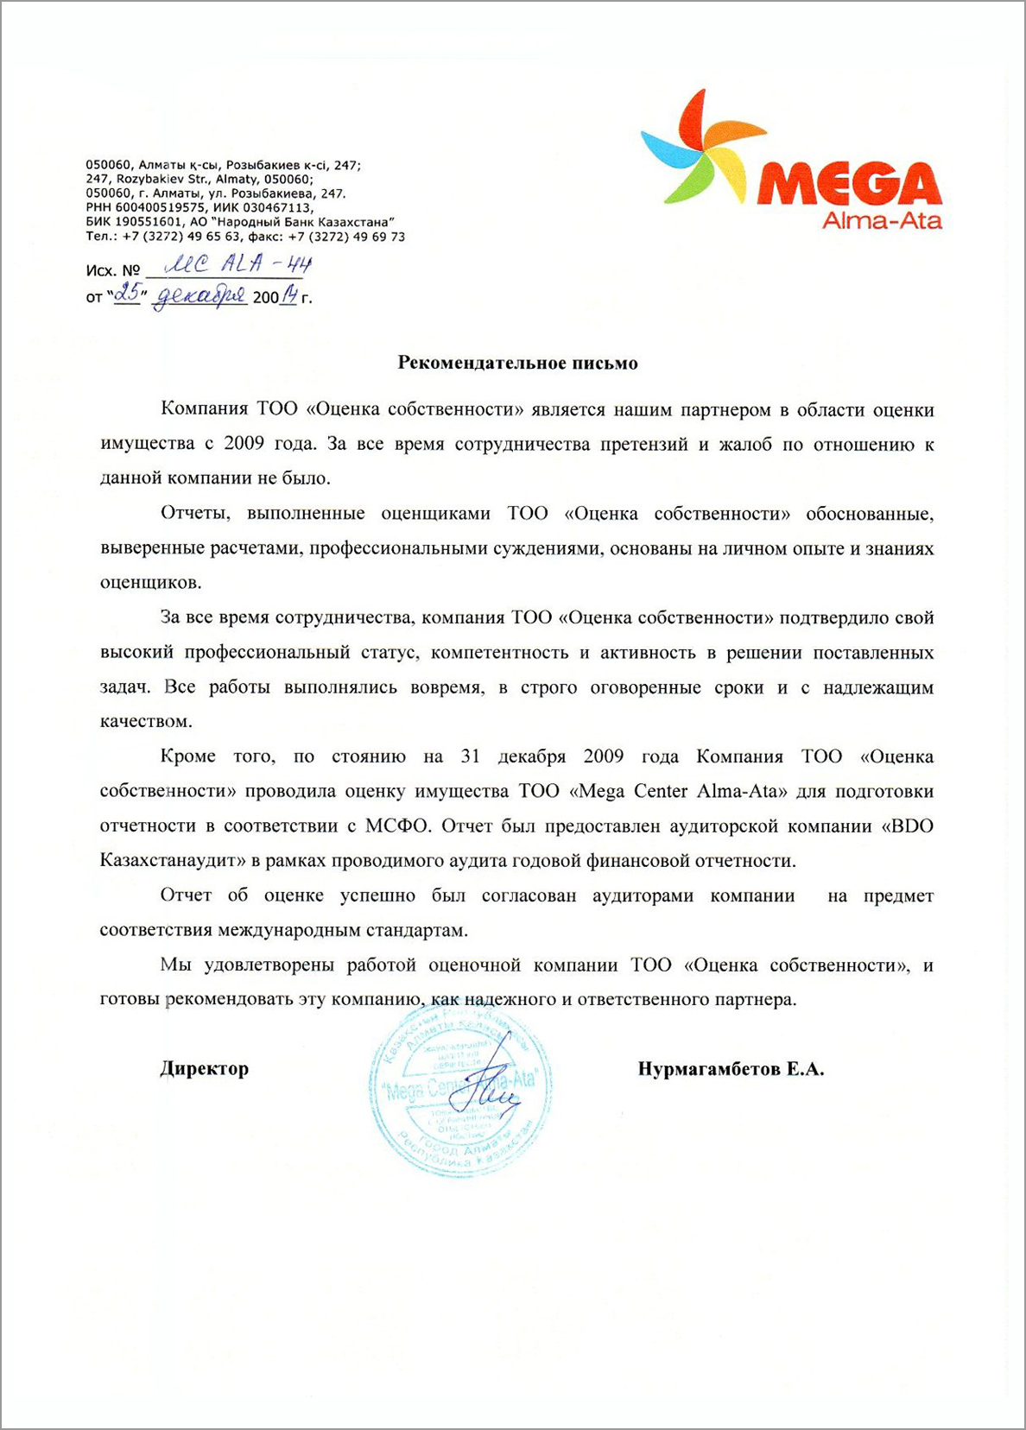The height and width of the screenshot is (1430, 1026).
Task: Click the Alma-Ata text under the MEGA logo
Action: coord(882,220)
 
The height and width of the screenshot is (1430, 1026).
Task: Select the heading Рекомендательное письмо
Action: coord(517,363)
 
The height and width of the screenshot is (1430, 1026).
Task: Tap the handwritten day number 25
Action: coord(128,294)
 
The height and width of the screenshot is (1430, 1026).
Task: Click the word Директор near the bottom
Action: coord(205,1068)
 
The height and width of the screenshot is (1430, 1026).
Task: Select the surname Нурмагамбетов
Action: coord(709,1069)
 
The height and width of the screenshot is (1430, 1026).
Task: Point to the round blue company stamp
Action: coord(460,1091)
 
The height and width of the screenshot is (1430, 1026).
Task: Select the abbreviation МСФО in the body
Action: coord(397,826)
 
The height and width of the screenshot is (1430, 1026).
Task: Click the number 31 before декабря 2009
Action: coord(470,756)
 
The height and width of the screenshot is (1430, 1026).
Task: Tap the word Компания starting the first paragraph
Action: coord(205,409)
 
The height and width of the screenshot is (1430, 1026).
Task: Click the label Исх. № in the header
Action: coord(112,271)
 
